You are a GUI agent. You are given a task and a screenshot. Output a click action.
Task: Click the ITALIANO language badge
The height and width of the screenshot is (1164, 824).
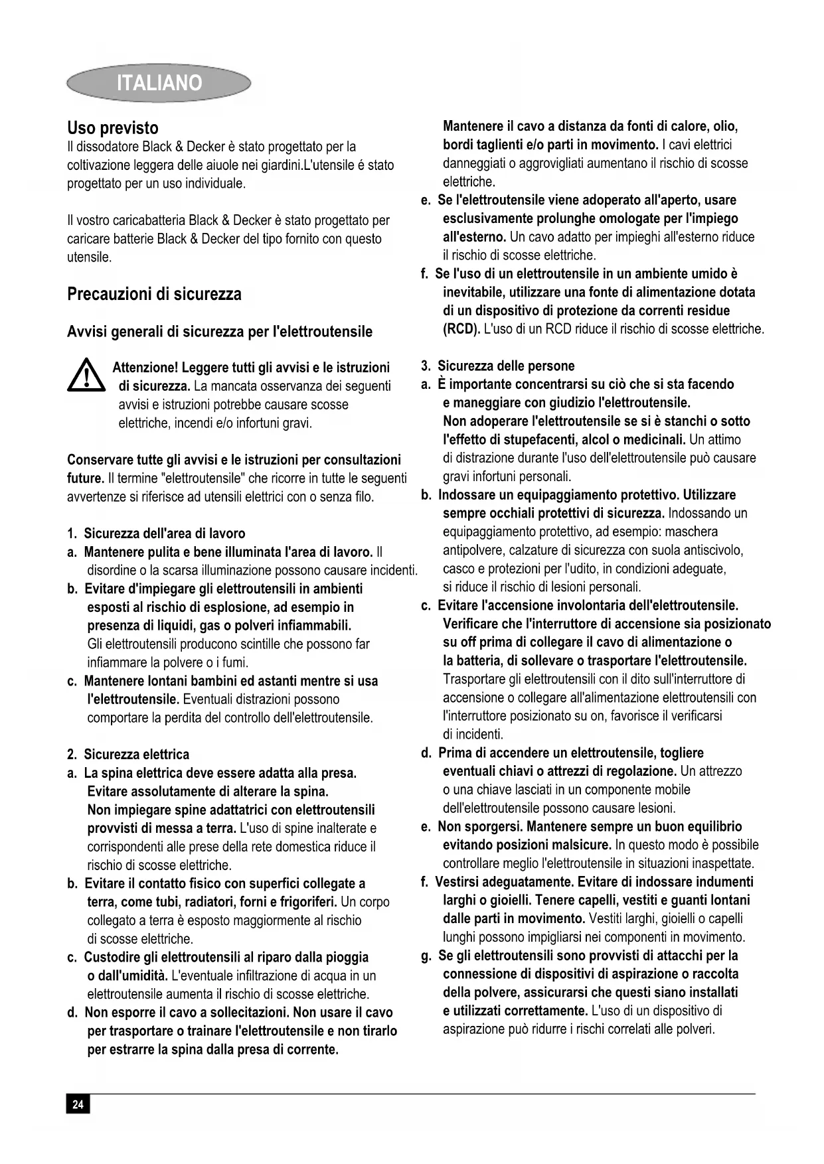click(159, 83)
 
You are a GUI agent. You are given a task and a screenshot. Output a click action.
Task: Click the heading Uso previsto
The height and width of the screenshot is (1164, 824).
click(113, 127)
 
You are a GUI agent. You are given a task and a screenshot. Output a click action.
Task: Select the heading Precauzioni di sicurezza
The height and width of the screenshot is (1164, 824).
click(154, 294)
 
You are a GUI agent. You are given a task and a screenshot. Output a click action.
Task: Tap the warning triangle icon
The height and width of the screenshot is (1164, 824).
click(86, 376)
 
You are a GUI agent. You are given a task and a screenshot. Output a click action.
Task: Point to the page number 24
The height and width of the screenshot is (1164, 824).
click(78, 1104)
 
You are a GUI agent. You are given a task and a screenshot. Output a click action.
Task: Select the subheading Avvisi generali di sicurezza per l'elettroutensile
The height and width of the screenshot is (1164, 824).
click(220, 332)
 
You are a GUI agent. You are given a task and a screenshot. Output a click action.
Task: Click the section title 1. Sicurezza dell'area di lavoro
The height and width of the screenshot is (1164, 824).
click(157, 534)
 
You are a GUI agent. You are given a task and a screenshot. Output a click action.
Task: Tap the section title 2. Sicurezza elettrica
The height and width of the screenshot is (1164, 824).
click(128, 755)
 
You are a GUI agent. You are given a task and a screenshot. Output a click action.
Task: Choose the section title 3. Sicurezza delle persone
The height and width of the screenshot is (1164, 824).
click(498, 366)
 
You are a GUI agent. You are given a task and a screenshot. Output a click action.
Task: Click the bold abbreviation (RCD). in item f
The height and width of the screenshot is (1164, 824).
click(461, 329)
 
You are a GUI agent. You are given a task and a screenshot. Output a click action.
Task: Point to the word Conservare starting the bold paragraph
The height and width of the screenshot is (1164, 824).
click(100, 460)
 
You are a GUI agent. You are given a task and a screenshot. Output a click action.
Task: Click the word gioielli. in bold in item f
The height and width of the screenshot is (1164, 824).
click(507, 901)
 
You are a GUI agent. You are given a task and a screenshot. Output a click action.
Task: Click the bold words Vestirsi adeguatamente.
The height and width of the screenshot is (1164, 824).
click(504, 882)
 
